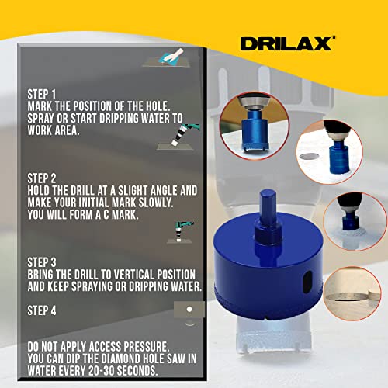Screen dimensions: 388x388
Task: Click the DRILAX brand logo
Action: (287, 43)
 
